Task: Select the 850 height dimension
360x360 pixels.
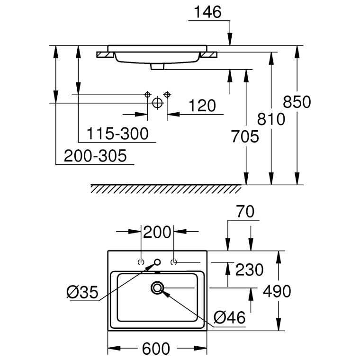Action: [x=297, y=102]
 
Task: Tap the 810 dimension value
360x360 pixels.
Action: [x=271, y=119]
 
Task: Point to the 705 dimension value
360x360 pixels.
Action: [x=245, y=136]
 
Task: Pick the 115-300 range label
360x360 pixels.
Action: [x=117, y=134]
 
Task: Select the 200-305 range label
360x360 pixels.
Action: [x=96, y=156]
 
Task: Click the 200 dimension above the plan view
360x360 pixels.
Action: [x=157, y=232]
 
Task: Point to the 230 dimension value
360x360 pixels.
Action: [x=250, y=270]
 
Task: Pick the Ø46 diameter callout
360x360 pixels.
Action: [x=230, y=317]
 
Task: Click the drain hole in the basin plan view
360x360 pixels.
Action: [x=157, y=287]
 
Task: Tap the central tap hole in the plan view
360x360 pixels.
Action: [x=157, y=262]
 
